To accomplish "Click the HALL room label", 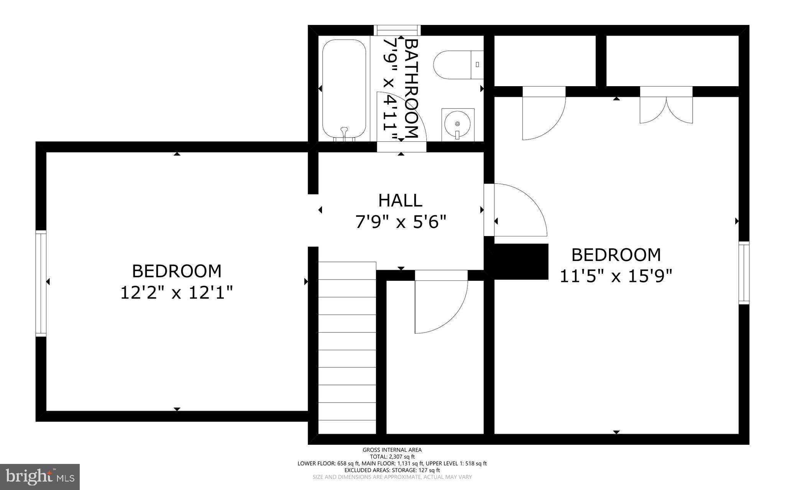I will point(400,200).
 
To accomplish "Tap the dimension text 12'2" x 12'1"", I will point(177,293).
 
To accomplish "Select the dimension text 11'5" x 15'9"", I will point(616,276).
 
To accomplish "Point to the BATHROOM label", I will point(411,88).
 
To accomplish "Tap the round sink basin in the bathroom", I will point(457,124).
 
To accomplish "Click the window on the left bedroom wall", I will point(41,284).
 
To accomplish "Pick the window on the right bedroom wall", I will point(744,273).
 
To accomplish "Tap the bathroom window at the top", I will point(397,30).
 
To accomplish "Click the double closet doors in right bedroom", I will point(666,109).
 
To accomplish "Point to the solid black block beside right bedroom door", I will point(521,261).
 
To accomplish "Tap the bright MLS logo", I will point(40,477).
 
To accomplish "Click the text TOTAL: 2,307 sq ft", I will point(392,457).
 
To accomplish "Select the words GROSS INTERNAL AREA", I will point(392,450).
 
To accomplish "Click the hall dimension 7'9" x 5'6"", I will point(401,222).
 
